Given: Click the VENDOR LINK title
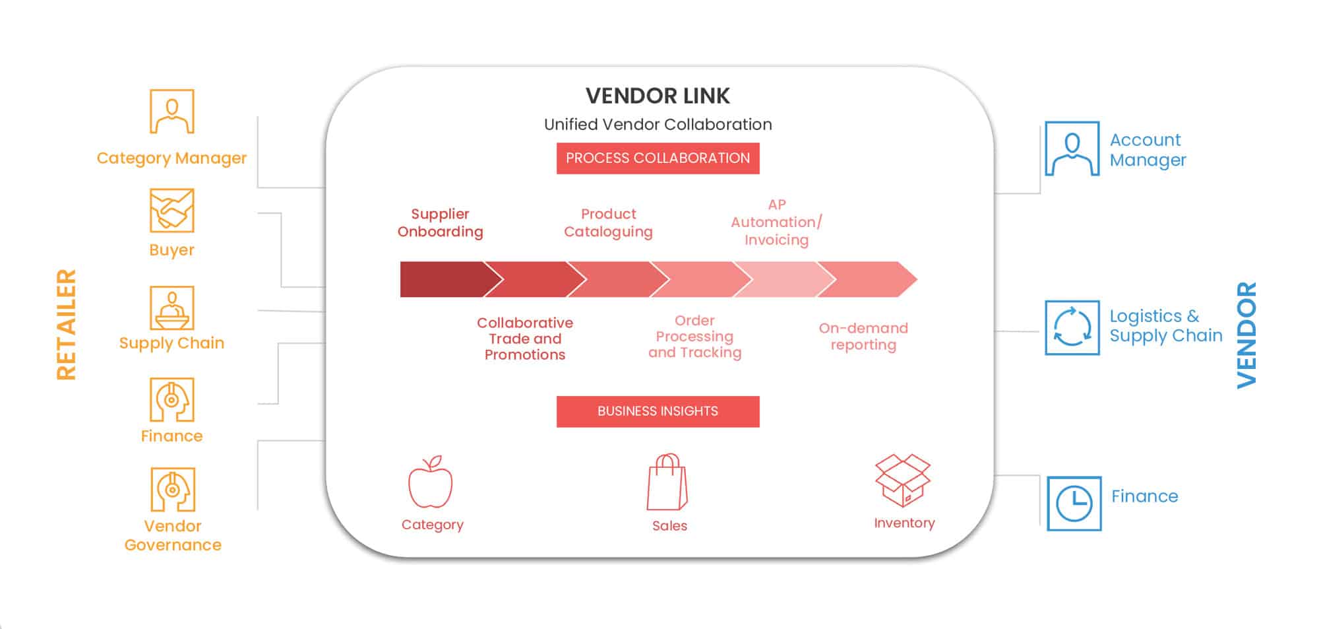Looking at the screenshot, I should pyautogui.click(x=658, y=96).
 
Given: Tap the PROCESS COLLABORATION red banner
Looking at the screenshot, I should pyautogui.click(x=658, y=158).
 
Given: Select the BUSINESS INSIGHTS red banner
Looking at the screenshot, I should pyautogui.click(x=658, y=411).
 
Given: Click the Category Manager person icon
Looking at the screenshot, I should pyautogui.click(x=171, y=112).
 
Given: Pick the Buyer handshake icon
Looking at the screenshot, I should pyautogui.click(x=171, y=211).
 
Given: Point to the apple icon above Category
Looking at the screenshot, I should pyautogui.click(x=431, y=482).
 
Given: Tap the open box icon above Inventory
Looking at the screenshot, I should pyautogui.click(x=902, y=480).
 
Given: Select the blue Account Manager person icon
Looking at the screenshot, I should pyautogui.click(x=1072, y=149).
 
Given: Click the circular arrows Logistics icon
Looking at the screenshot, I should pyautogui.click(x=1072, y=327).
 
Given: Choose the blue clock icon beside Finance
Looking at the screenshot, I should pyautogui.click(x=1074, y=504).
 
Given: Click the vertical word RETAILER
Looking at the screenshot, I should pyautogui.click(x=67, y=324).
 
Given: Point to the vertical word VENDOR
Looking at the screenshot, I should pyautogui.click(x=1246, y=335).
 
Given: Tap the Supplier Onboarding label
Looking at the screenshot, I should pyautogui.click(x=440, y=223).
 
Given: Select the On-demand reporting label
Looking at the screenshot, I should pyautogui.click(x=863, y=337).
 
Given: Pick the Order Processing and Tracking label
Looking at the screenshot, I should pyautogui.click(x=694, y=337).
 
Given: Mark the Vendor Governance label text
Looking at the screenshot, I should pyautogui.click(x=173, y=535).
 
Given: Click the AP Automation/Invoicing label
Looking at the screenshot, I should pyautogui.click(x=776, y=222).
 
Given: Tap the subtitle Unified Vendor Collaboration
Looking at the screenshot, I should pyautogui.click(x=658, y=125).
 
